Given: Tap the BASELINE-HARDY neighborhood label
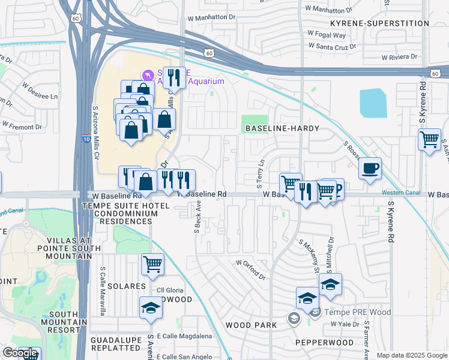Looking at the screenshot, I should [x=281, y=129].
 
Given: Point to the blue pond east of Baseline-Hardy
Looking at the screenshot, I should [x=373, y=103].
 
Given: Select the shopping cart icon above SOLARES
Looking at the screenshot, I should [x=152, y=263].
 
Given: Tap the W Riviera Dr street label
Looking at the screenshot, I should [x=399, y=57].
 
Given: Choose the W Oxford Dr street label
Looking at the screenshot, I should [x=250, y=270].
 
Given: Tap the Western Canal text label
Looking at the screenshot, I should [x=400, y=193].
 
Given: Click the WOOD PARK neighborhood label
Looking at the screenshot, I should [x=251, y=325].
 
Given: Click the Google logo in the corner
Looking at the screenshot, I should [x=20, y=353].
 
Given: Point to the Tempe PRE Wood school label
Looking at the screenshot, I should [x=358, y=312].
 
